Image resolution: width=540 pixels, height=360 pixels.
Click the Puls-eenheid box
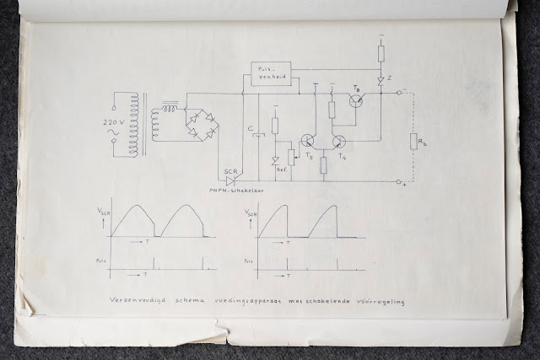pyautogui.click(x=273, y=71)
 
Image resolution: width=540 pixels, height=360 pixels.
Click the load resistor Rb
pyautogui.click(x=413, y=141)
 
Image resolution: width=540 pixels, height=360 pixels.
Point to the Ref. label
pyautogui.click(x=281, y=169)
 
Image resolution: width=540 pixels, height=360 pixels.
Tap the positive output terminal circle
pyautogui.click(x=398, y=180)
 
